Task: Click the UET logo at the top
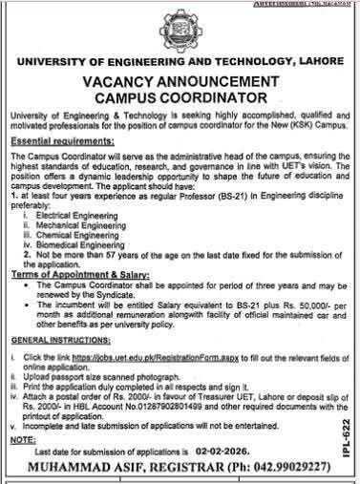coord(180,30)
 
